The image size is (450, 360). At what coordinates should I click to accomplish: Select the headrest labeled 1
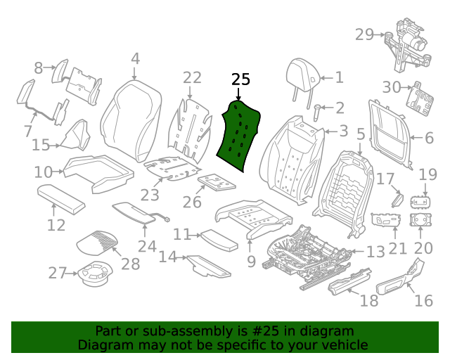point(303,75)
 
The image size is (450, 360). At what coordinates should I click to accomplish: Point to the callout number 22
point(192,78)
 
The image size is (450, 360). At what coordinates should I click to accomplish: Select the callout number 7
point(28,131)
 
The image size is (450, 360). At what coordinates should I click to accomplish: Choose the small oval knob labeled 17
point(397,200)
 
